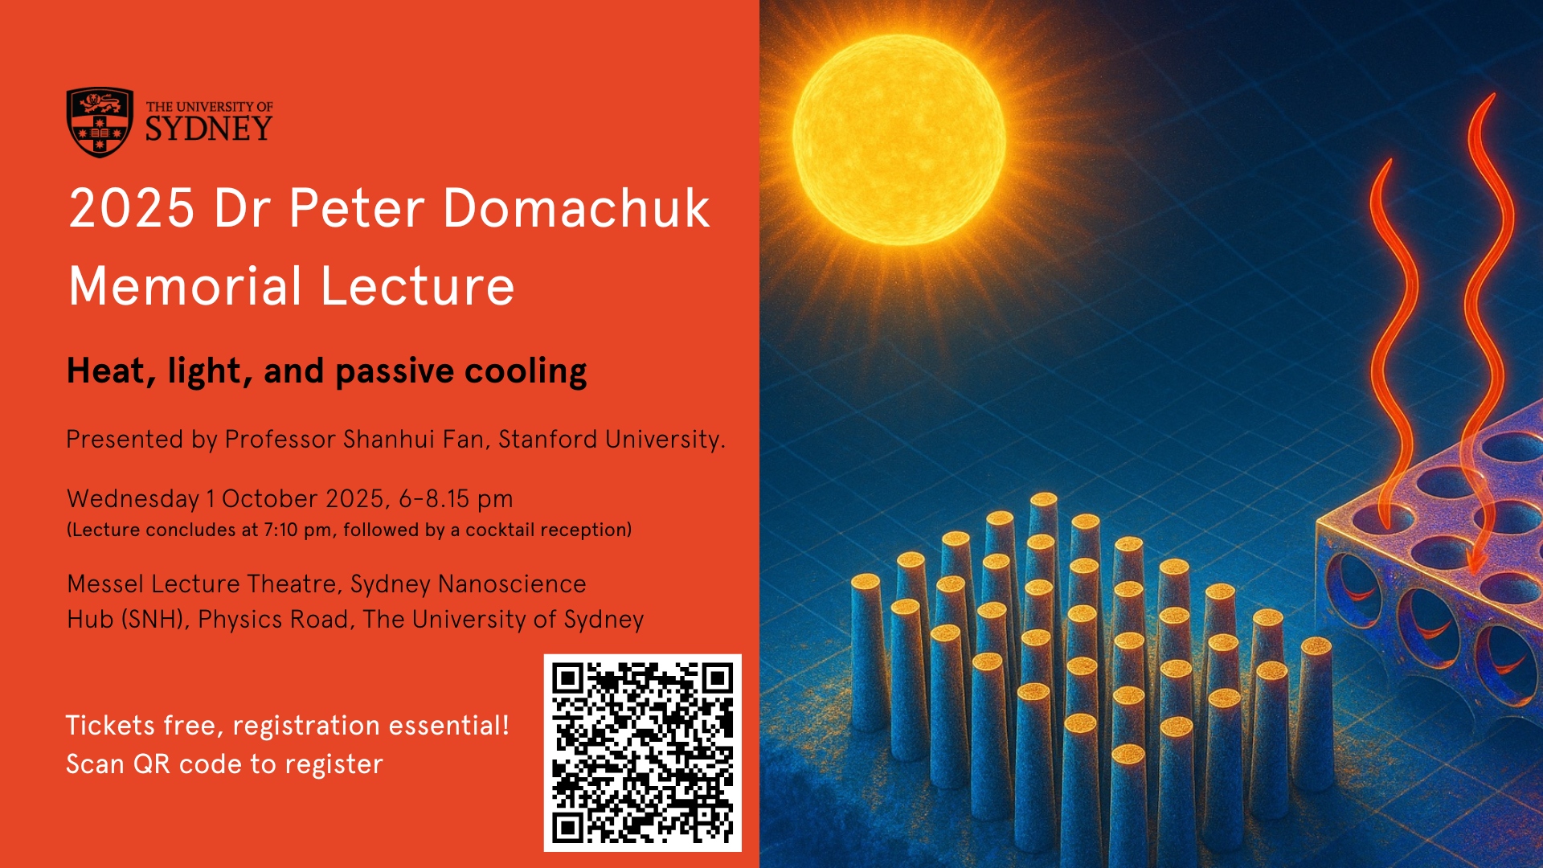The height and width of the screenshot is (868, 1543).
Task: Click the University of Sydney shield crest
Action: point(100,122)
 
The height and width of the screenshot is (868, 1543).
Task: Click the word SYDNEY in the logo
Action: point(209,129)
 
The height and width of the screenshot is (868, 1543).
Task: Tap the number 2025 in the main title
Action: point(132,208)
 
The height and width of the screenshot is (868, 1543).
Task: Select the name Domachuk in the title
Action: point(576,208)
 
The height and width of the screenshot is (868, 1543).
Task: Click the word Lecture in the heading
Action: point(418,286)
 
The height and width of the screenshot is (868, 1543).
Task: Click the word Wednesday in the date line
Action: point(133,499)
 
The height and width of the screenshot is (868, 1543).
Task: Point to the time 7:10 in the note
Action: point(281,530)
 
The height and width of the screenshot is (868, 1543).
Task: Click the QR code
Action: point(643,753)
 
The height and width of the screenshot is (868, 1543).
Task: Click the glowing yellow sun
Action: point(898,141)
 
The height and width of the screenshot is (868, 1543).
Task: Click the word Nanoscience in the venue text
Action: point(513,584)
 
